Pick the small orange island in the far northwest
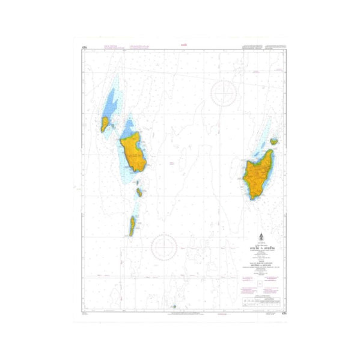(104, 124)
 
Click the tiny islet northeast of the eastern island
(273, 142)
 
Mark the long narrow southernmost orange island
(130, 226)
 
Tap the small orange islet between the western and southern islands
(139, 193)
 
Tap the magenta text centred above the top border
(183, 43)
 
